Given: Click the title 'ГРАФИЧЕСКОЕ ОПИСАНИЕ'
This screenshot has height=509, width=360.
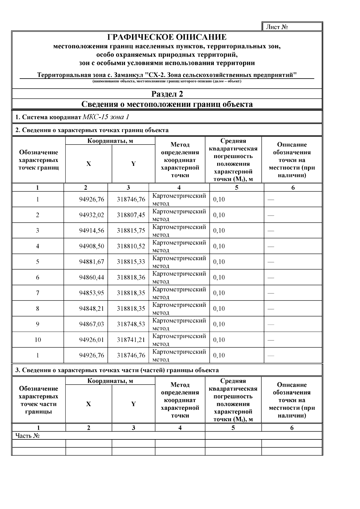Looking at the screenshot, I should (x=167, y=37).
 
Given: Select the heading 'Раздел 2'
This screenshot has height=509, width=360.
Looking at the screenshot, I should (x=167, y=94).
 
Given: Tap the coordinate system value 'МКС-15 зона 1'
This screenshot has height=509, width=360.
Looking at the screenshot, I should (x=106, y=117).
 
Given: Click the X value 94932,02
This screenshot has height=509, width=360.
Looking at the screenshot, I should (x=91, y=215).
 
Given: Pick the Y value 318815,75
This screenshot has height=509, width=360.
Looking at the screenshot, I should (x=131, y=231).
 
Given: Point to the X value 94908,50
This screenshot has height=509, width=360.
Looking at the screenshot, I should (x=91, y=246).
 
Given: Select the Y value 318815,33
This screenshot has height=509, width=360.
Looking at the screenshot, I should (x=131, y=262).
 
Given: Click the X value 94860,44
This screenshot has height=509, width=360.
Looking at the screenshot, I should (x=91, y=277).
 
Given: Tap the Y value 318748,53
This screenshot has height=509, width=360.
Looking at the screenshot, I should (x=131, y=324).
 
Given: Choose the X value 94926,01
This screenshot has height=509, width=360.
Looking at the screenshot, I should (x=91, y=340).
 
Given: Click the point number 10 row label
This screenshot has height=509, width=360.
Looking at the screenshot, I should (x=38, y=340).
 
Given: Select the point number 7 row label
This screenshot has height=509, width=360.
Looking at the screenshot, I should (x=38, y=293).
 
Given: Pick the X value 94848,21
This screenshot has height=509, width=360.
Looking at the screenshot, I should (x=91, y=309).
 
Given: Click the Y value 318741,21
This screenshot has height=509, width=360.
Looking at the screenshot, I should (x=131, y=340).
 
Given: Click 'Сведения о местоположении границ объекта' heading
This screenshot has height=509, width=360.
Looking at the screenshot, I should (x=167, y=104).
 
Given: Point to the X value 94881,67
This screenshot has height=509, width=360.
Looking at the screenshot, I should (x=91, y=262).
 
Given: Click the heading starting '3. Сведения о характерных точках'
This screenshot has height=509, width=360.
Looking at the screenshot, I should (x=117, y=370).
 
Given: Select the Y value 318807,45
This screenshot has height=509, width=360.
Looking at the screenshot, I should (x=131, y=215).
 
